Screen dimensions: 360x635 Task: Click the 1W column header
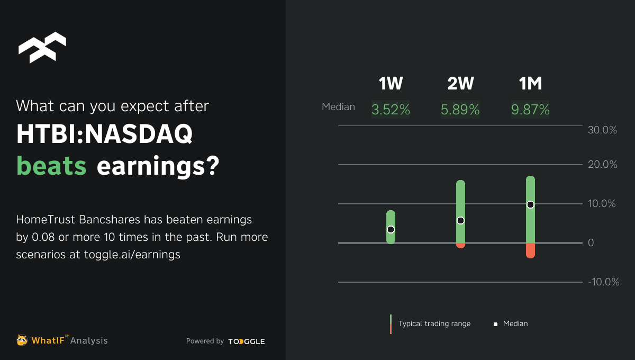click(x=391, y=84)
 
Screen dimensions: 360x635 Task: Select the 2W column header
click(x=460, y=84)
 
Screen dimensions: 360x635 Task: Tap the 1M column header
click(x=530, y=84)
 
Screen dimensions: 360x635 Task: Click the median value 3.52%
click(x=391, y=110)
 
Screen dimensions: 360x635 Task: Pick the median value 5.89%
click(x=460, y=110)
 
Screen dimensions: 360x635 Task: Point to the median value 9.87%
click(x=530, y=110)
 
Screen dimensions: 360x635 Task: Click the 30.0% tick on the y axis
click(x=603, y=130)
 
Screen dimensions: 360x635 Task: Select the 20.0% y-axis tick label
click(x=603, y=165)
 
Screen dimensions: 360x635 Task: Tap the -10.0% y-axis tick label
click(x=603, y=282)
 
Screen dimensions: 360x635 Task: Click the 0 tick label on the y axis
click(x=591, y=243)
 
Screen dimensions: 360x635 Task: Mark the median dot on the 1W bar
click(x=391, y=229)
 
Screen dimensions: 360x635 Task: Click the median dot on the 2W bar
click(x=460, y=220)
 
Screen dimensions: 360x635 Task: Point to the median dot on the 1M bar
click(x=530, y=204)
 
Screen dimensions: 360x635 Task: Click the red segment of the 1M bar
click(x=530, y=250)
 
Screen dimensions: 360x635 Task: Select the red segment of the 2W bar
click(x=460, y=246)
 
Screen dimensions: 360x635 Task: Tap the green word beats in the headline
click(x=52, y=166)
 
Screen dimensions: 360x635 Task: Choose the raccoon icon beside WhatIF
click(x=22, y=340)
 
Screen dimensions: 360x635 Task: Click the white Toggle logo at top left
click(x=42, y=48)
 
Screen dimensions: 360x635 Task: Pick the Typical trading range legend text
click(x=434, y=323)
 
